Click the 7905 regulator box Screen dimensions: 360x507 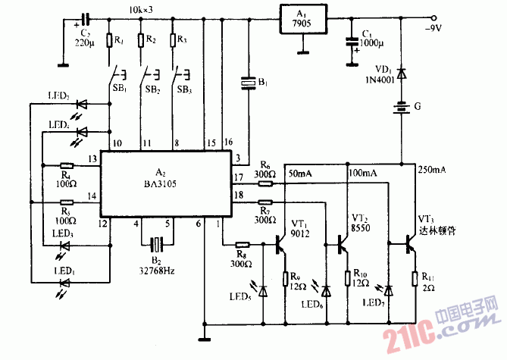304,20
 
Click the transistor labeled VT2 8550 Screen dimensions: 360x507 343,244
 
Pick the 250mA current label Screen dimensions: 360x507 431,171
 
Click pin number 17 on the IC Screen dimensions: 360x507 237,178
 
